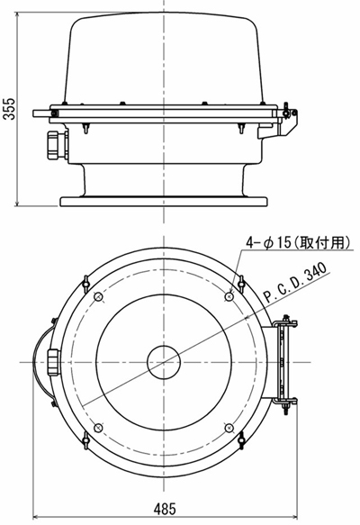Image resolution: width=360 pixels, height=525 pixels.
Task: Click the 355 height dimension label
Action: [9, 109]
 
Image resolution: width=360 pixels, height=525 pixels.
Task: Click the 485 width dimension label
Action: [165, 510]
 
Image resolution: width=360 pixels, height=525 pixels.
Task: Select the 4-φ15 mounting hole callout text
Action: [298, 242]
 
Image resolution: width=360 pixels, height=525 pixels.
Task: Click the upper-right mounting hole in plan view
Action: [229, 296]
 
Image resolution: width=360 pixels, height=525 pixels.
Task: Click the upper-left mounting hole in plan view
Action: [98, 296]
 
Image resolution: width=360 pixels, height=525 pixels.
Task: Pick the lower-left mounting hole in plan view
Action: [98, 428]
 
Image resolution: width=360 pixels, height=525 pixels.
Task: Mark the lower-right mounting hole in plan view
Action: [229, 428]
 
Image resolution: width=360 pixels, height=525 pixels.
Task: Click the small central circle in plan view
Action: [164, 362]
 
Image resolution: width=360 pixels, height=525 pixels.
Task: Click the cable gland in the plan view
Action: [54, 362]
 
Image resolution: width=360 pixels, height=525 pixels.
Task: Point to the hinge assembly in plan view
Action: [284, 363]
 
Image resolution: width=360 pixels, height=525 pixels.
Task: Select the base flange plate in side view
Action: [164, 201]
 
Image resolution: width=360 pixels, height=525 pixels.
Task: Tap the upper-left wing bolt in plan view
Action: [85, 282]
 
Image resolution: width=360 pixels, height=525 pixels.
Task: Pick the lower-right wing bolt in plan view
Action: [241, 439]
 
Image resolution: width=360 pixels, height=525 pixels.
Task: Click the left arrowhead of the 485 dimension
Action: [35, 517]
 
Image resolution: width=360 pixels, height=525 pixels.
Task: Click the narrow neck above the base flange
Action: [164, 180]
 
